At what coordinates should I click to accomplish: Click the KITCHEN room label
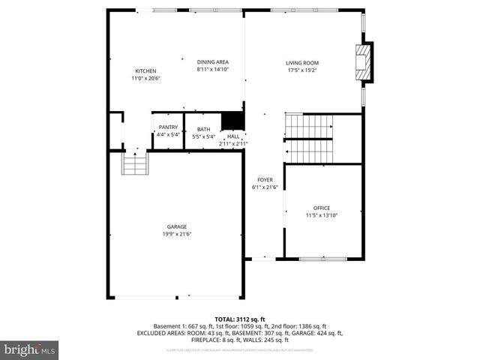[x=145, y=70]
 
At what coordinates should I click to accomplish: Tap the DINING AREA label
[x=212, y=61]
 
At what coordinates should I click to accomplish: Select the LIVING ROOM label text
[x=302, y=63]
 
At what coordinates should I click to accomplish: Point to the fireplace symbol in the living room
[x=363, y=61]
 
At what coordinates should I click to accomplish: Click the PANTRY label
[x=167, y=127]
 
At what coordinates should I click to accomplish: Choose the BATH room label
[x=203, y=130]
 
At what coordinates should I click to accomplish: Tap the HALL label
[x=233, y=136]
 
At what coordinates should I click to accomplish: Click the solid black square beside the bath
[x=232, y=121]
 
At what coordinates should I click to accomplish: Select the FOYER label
[x=265, y=180]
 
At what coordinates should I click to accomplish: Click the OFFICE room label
[x=321, y=208]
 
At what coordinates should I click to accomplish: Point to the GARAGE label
[x=177, y=226]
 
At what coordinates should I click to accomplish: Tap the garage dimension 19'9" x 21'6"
[x=177, y=234]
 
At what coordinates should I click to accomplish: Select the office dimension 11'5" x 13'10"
[x=321, y=215]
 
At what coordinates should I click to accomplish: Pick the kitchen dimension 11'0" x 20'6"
[x=145, y=78]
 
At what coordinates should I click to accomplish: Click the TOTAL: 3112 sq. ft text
[x=239, y=319]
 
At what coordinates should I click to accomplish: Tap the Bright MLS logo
[x=30, y=350]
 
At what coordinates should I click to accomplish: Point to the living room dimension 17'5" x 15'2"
[x=302, y=70]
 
